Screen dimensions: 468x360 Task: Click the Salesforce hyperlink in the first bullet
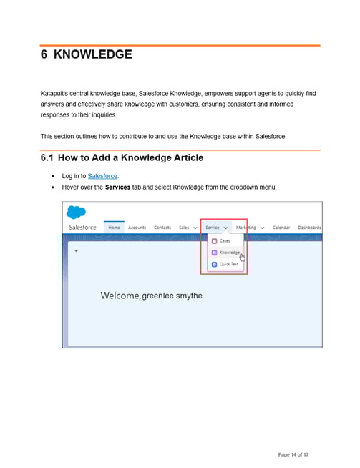click(x=102, y=176)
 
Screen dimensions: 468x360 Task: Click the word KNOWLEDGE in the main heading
click(x=93, y=55)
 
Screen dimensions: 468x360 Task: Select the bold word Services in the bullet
click(x=118, y=187)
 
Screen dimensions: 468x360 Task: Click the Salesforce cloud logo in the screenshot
click(x=76, y=212)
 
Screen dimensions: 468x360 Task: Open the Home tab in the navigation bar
click(x=115, y=228)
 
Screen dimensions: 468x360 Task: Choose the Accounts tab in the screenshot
click(x=137, y=228)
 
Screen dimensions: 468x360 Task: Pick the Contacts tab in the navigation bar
click(x=162, y=228)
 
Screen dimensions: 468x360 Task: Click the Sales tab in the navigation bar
click(x=184, y=228)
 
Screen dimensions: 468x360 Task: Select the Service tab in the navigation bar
click(x=213, y=228)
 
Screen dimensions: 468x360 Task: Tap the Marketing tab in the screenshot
click(x=246, y=228)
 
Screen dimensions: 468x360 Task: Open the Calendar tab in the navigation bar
click(x=281, y=228)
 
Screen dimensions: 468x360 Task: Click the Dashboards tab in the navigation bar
click(x=309, y=228)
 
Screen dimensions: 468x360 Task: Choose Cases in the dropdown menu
click(x=225, y=241)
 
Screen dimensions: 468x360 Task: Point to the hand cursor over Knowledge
click(x=243, y=257)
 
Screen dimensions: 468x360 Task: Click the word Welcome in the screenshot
click(x=120, y=296)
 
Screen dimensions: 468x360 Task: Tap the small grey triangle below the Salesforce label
click(x=77, y=252)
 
